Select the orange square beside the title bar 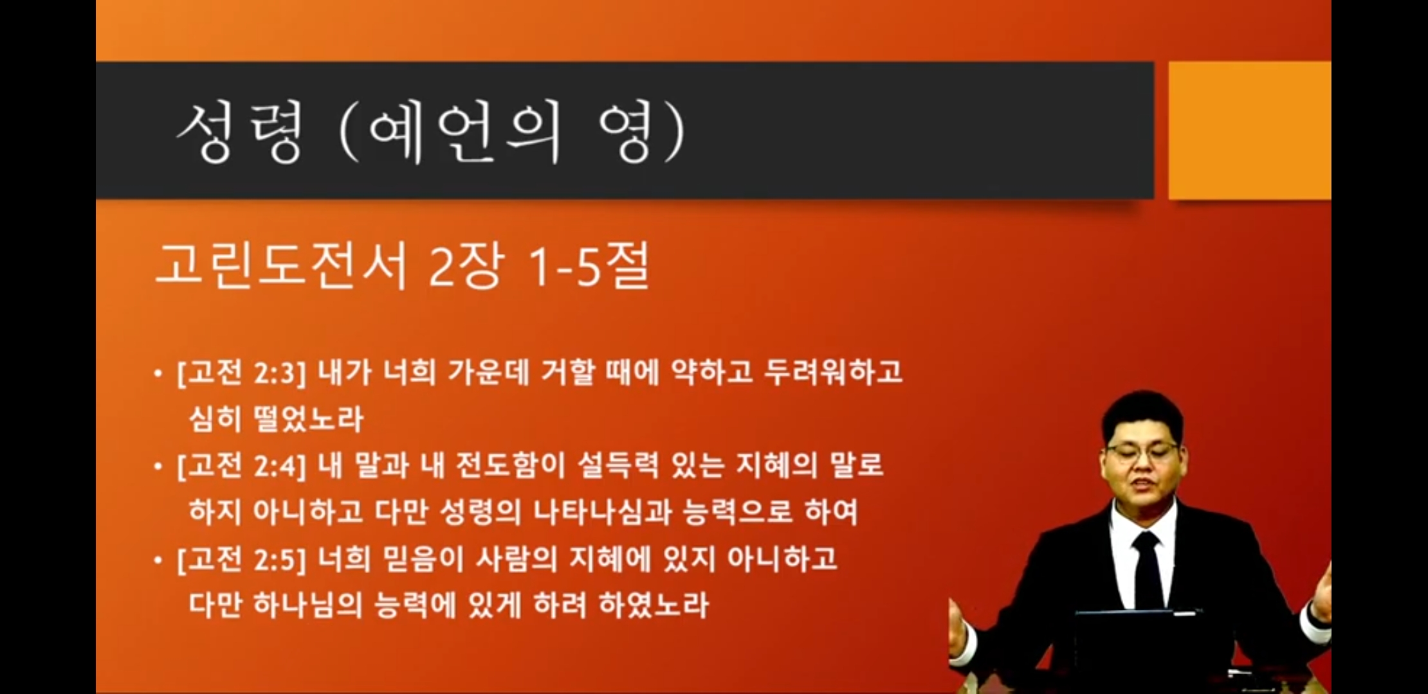[x=1249, y=130]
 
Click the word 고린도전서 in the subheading [x=282, y=265]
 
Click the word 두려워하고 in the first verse [x=833, y=372]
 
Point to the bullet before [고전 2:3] [x=158, y=373]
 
